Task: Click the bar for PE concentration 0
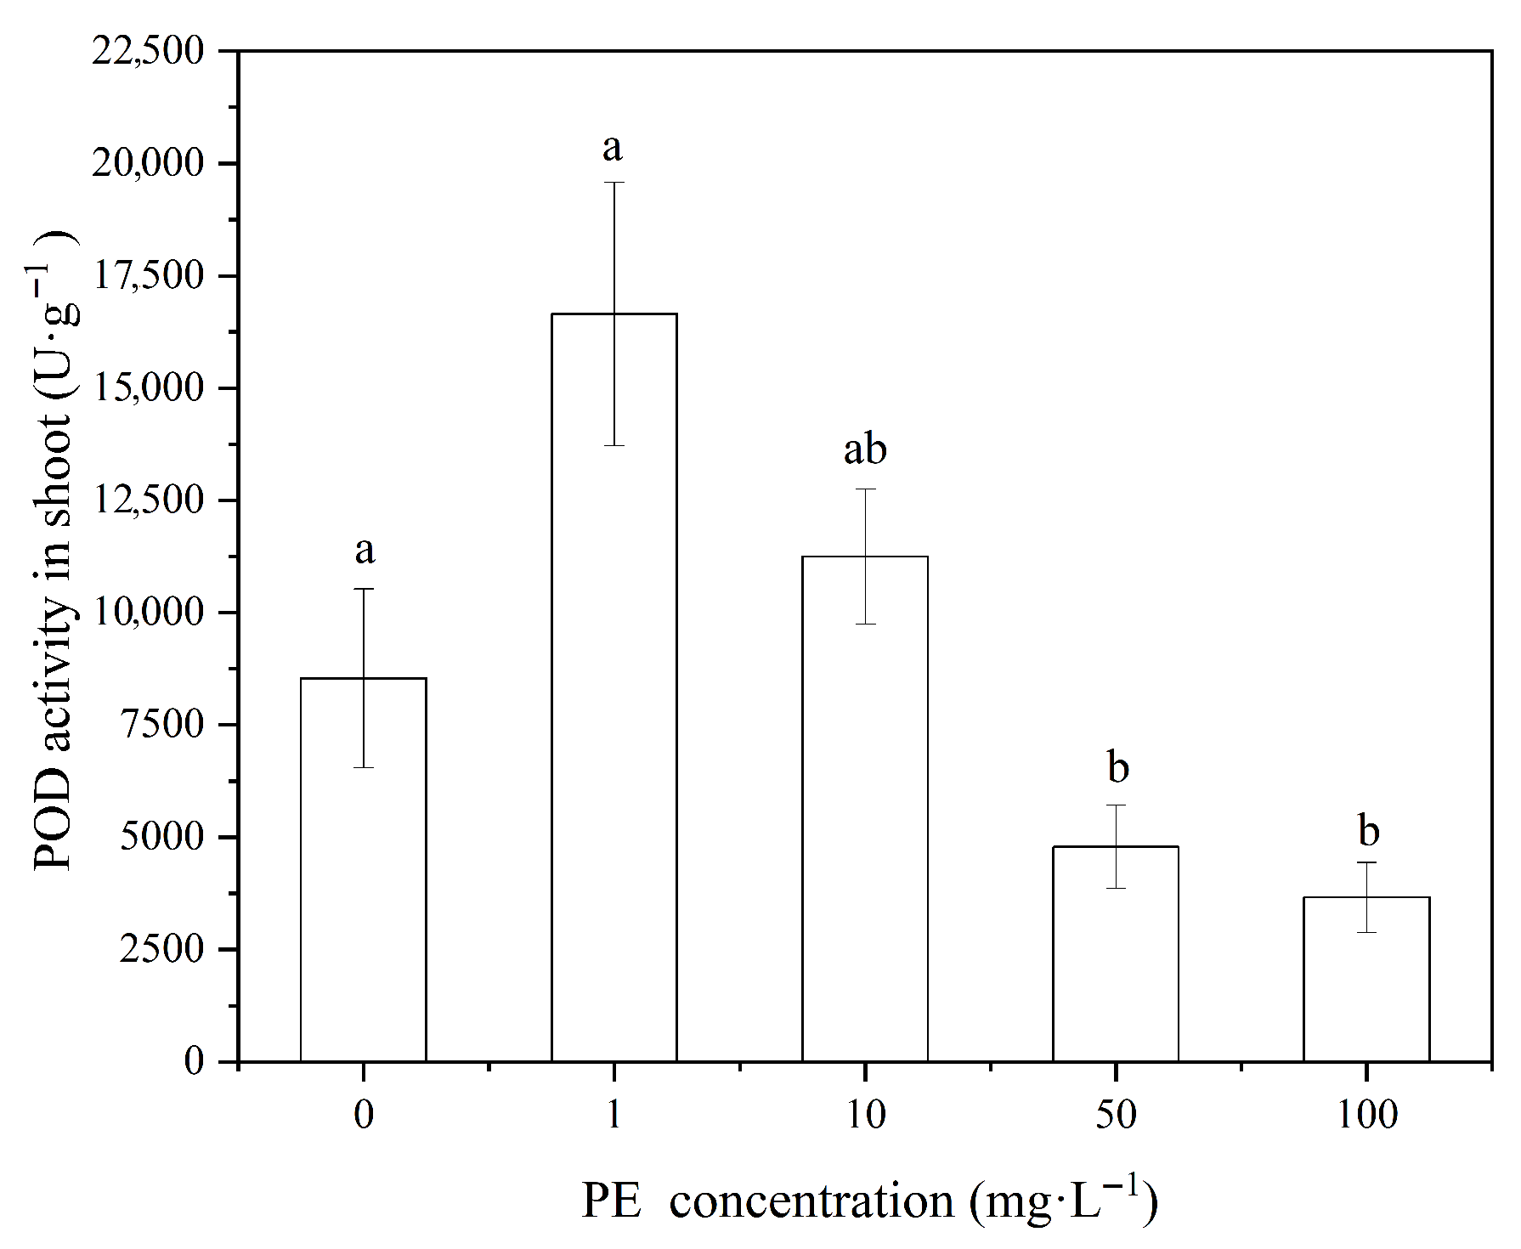click(x=364, y=869)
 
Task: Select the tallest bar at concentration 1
click(x=614, y=687)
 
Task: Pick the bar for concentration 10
click(x=865, y=809)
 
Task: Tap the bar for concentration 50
click(x=1116, y=953)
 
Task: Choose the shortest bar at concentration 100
click(x=1366, y=979)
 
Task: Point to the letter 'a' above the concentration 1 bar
click(x=613, y=149)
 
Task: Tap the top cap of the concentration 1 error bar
click(x=614, y=182)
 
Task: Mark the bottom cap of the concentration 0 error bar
click(x=364, y=767)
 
